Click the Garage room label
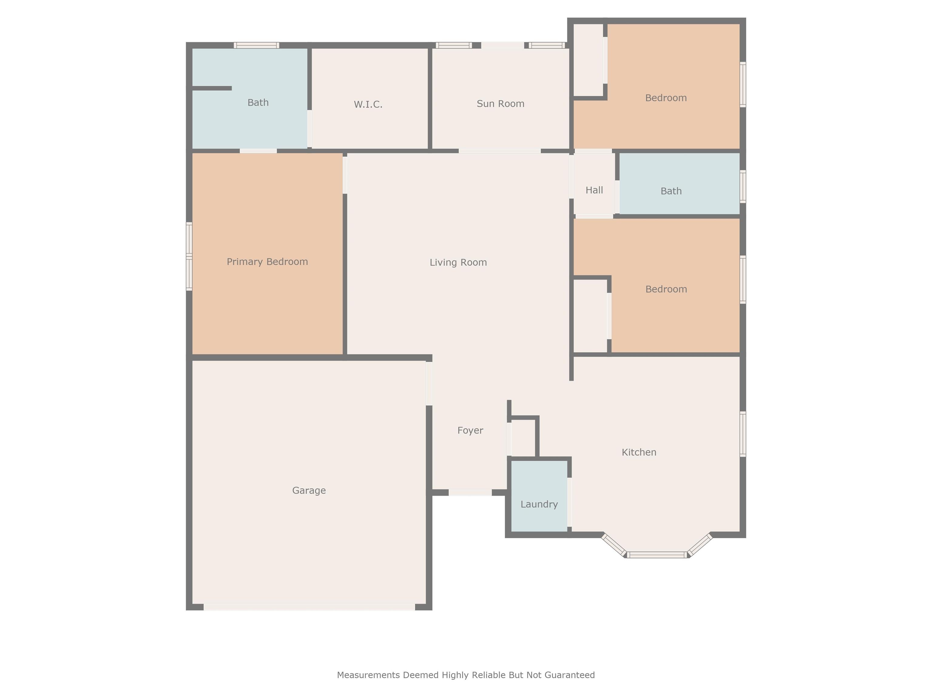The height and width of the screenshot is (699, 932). pos(309,491)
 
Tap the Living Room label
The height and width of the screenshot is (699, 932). pos(458,262)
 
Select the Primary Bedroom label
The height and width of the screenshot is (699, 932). pos(267,262)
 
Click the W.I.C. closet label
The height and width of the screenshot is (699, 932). pos(368,104)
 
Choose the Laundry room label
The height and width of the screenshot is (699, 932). pos(539,504)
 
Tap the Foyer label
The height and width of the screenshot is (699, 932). pos(470,431)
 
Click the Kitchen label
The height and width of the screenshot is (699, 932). pos(639,452)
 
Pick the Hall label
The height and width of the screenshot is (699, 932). pos(594,190)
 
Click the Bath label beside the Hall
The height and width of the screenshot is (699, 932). pos(671,191)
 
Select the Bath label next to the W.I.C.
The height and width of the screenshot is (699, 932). pos(258,102)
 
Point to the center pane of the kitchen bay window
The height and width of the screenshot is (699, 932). pos(657,555)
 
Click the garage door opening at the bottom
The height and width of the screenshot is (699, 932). pos(309,607)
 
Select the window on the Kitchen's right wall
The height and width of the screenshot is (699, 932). pos(743,434)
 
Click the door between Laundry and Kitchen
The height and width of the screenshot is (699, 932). pos(569,502)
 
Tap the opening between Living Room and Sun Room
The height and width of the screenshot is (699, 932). pos(500,151)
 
